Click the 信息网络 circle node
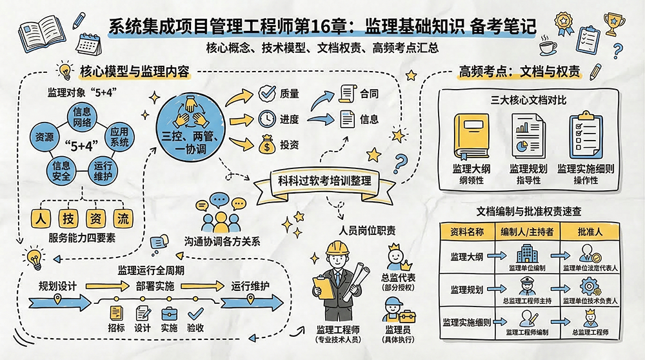pyautogui.click(x=86, y=117)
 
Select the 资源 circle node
pyautogui.click(x=45, y=137)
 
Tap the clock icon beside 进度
pyautogui.click(x=266, y=119)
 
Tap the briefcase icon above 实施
pyautogui.click(x=169, y=314)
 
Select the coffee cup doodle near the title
pyautogui.click(x=548, y=47)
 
